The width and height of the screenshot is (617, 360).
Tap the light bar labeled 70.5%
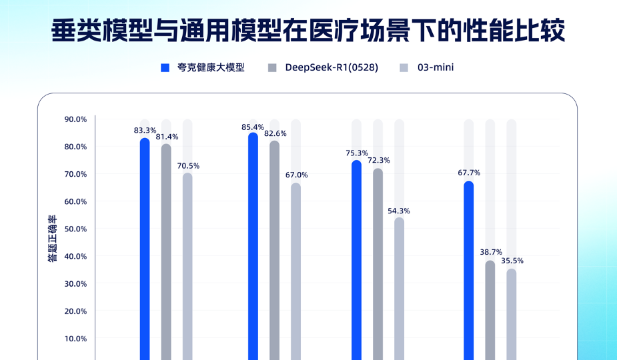(x=187, y=267)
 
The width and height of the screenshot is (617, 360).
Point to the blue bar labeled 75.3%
(x=357, y=260)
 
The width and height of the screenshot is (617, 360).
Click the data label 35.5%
(x=512, y=261)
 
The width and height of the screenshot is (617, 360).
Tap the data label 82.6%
(x=275, y=133)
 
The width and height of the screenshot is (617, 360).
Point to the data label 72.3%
(x=378, y=161)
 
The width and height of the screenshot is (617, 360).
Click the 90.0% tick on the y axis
(x=75, y=119)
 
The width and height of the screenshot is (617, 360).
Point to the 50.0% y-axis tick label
(x=75, y=229)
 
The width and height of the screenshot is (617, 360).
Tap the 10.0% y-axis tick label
(x=75, y=338)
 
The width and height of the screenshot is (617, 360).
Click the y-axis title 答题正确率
(x=53, y=238)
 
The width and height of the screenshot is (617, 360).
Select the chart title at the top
(x=309, y=31)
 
